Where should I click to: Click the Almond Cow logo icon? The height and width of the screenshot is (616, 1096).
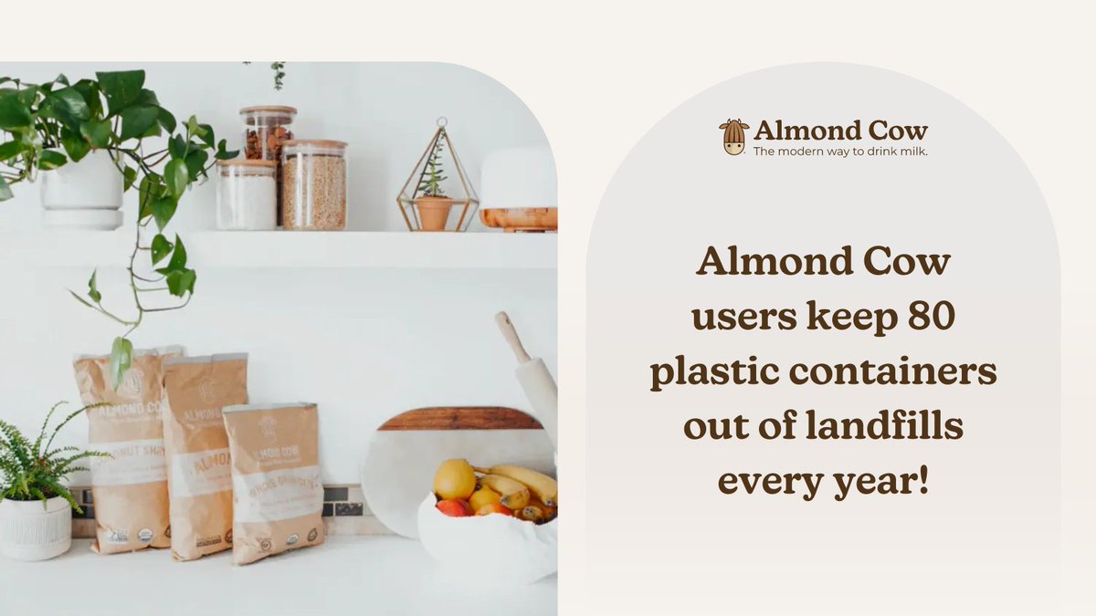click(733, 137)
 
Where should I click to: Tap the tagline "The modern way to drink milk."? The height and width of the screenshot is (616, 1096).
click(840, 151)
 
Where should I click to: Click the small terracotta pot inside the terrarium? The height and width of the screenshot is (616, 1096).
click(434, 213)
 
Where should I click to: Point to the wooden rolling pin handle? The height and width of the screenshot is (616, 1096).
click(512, 335)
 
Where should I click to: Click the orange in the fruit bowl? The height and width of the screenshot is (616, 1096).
click(454, 479)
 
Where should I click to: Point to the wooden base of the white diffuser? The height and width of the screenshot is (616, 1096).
click(518, 219)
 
